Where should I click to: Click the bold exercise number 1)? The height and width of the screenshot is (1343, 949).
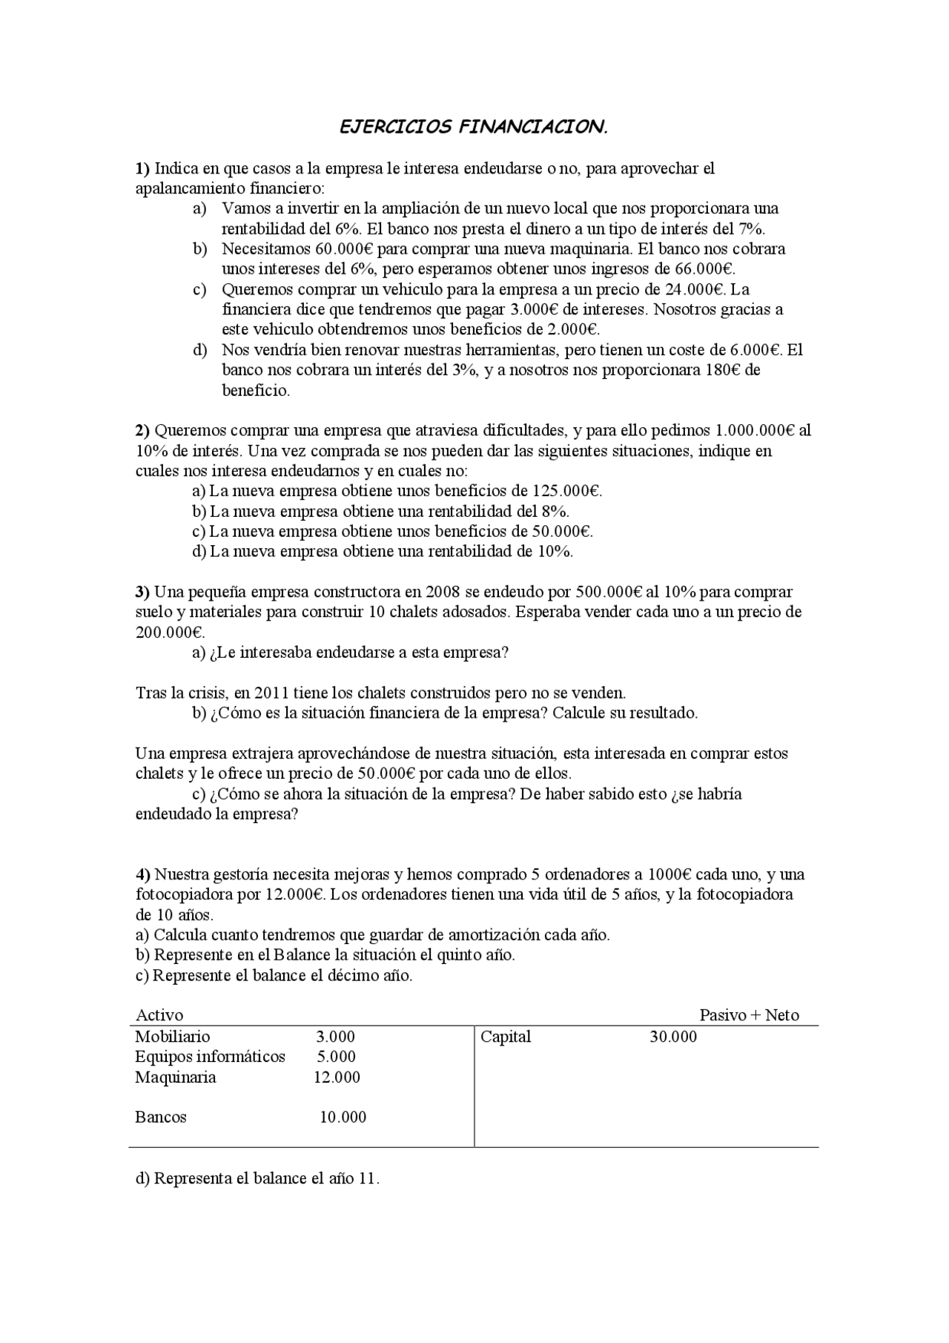click(142, 168)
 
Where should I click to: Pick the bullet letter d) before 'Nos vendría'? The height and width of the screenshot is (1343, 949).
click(199, 350)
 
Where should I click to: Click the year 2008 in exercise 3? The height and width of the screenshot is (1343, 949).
click(443, 592)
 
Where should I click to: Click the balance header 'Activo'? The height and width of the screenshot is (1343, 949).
click(159, 1015)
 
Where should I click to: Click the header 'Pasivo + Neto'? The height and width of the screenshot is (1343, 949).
click(749, 1015)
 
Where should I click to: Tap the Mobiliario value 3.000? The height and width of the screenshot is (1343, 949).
click(335, 1037)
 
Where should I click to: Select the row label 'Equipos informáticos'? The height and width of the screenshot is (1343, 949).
click(210, 1057)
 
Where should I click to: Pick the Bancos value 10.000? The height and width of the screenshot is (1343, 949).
click(343, 1118)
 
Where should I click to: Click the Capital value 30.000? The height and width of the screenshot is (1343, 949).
click(673, 1037)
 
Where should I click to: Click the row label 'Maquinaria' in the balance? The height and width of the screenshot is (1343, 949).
click(176, 1078)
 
